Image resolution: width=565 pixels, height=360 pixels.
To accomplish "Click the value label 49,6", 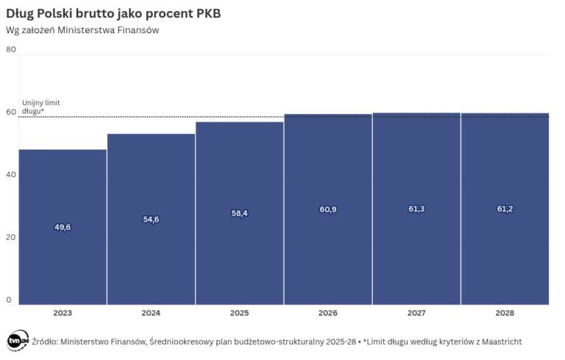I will click(x=63, y=227).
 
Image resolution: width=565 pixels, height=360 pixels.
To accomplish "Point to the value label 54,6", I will click(x=151, y=219).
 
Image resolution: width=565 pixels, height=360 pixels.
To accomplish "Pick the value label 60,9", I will click(x=328, y=210).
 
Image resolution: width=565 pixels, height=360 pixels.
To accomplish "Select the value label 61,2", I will click(x=505, y=209).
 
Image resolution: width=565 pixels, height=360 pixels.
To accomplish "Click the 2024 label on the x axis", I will click(x=151, y=314).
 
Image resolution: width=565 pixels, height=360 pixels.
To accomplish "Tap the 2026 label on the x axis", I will click(x=328, y=314).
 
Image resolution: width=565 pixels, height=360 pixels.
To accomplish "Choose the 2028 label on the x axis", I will click(x=505, y=314).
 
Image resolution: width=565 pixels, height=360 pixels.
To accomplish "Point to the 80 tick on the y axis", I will click(x=10, y=49).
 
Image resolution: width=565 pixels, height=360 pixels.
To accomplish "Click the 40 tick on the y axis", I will click(x=10, y=175).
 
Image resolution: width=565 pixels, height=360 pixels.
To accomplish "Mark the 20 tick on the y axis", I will click(x=10, y=238).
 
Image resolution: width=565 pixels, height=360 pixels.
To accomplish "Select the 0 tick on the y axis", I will click(x=9, y=300).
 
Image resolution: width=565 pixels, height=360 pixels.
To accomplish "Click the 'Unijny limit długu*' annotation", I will click(x=38, y=107).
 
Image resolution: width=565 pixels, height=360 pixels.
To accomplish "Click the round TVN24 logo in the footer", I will click(x=17, y=341).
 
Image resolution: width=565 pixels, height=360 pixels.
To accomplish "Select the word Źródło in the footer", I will click(x=44, y=341).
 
